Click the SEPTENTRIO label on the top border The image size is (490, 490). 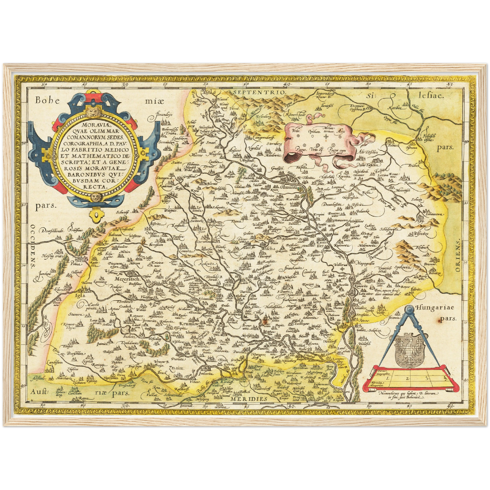click(258, 92)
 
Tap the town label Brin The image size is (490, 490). click(227, 286)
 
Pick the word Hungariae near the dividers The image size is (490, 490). click(437, 308)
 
